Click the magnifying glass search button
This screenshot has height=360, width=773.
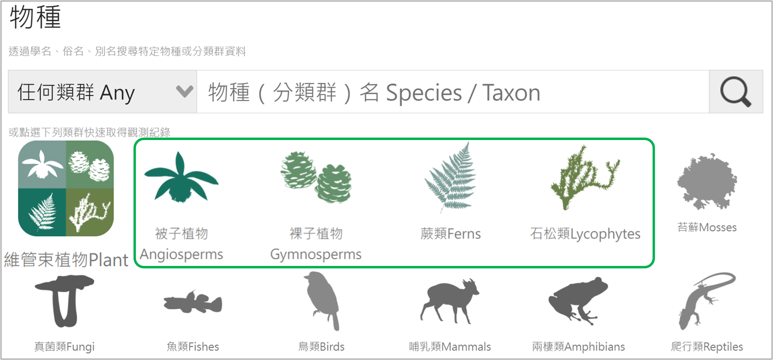(736, 92)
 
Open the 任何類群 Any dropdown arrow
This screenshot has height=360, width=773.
(185, 91)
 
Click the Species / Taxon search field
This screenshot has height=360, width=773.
(453, 92)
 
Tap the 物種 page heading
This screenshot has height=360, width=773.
(35, 17)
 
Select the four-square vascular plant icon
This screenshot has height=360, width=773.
(66, 188)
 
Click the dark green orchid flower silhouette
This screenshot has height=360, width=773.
(181, 177)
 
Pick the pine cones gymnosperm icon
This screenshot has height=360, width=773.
(316, 177)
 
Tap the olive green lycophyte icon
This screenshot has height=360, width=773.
(584, 177)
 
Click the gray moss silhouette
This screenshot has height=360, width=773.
(707, 181)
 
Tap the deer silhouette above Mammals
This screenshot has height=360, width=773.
(450, 301)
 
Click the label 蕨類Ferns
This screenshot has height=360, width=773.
(450, 234)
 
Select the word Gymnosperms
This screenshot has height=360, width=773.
(316, 254)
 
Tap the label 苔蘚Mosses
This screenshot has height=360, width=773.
(707, 227)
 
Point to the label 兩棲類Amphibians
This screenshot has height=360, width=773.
(578, 347)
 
